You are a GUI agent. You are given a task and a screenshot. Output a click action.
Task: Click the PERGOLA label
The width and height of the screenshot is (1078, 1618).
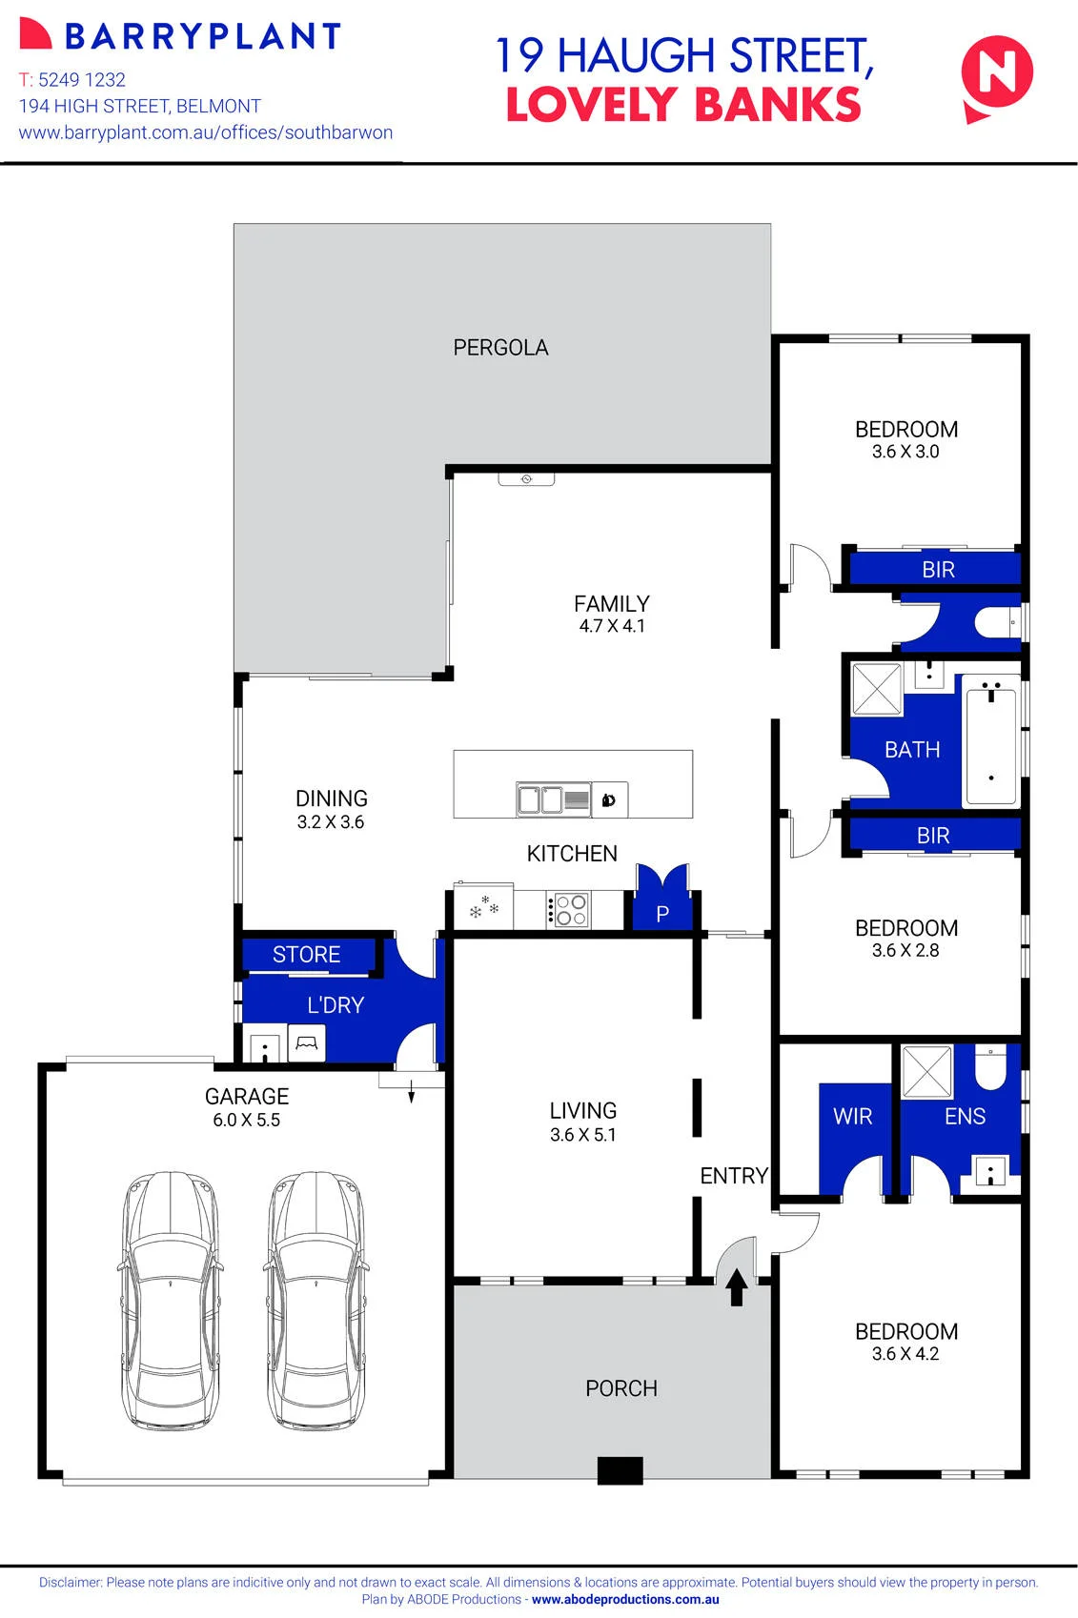point(500,348)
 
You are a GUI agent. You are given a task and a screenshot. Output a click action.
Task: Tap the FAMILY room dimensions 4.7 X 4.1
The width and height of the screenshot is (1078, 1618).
point(612,625)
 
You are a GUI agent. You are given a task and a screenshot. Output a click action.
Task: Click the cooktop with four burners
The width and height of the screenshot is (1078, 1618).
point(569,909)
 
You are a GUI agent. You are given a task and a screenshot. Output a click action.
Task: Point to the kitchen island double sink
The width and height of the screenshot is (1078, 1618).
point(540,799)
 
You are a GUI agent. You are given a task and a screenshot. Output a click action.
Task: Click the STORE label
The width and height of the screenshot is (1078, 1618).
point(306,954)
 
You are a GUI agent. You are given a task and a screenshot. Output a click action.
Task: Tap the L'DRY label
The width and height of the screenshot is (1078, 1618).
point(336,1004)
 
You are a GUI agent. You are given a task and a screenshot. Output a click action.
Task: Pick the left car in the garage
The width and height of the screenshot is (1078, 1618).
point(171,1300)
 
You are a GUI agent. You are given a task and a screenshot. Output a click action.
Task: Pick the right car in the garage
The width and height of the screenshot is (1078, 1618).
point(315,1300)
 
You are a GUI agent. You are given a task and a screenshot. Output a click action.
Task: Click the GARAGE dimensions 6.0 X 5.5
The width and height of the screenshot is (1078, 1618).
point(246,1120)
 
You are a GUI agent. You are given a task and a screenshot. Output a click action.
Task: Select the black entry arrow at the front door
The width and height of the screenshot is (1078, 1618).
point(736,1287)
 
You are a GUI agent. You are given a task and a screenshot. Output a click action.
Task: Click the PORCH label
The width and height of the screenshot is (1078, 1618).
point(621,1388)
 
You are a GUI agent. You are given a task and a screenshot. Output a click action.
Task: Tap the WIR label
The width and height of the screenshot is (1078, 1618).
point(852,1116)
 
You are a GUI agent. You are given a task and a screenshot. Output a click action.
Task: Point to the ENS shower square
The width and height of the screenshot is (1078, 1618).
point(926,1072)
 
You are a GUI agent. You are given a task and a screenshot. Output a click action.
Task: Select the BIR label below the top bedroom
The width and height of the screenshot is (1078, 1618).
point(939,569)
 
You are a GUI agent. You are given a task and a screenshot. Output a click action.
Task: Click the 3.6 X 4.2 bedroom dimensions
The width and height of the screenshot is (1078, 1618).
point(905,1354)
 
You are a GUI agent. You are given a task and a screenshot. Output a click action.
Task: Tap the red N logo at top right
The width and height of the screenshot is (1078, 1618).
point(996,78)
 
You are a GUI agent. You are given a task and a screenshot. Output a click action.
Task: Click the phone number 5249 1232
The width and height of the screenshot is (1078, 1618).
point(82,79)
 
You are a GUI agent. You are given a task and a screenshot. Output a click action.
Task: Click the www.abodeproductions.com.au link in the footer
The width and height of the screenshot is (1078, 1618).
point(625,1599)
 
